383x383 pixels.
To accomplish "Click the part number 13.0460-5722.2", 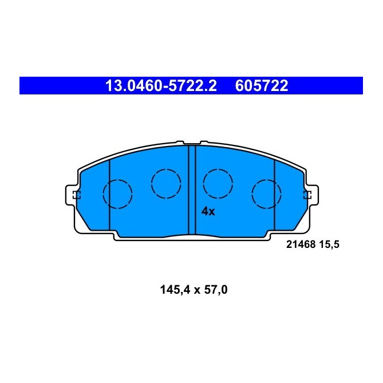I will point(161,86).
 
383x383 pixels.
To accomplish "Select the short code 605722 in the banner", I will point(261,86).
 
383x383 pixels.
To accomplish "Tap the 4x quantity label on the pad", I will point(208,211).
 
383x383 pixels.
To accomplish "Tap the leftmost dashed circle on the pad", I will point(117,194).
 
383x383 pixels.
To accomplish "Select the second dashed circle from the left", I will point(166,183).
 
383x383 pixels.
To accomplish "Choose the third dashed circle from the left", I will point(218,183).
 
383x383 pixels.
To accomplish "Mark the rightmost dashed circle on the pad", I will point(267,194).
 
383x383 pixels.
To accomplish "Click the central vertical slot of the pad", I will point(192,190).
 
